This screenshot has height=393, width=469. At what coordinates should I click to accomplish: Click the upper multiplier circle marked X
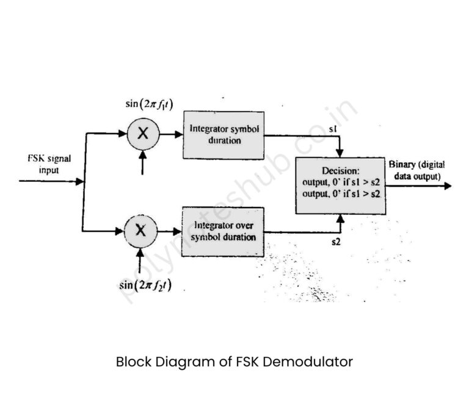[x=142, y=135]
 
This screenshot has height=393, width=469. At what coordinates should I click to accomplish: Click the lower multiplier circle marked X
[x=141, y=231]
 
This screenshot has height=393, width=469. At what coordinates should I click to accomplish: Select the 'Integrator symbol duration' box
[x=224, y=135]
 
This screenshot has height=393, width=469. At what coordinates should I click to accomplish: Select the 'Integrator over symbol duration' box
[x=222, y=231]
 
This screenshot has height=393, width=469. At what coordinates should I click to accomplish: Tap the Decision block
[x=340, y=184]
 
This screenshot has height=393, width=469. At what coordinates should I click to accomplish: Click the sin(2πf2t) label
[x=145, y=284]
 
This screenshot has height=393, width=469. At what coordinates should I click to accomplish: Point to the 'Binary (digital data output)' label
[x=416, y=170]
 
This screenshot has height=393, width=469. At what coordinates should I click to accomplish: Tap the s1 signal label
[x=332, y=129]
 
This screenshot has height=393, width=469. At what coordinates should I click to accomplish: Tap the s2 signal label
[x=336, y=243]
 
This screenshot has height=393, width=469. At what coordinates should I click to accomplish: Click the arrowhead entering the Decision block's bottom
[x=343, y=218]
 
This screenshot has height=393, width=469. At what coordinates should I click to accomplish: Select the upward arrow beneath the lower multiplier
[x=141, y=259]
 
